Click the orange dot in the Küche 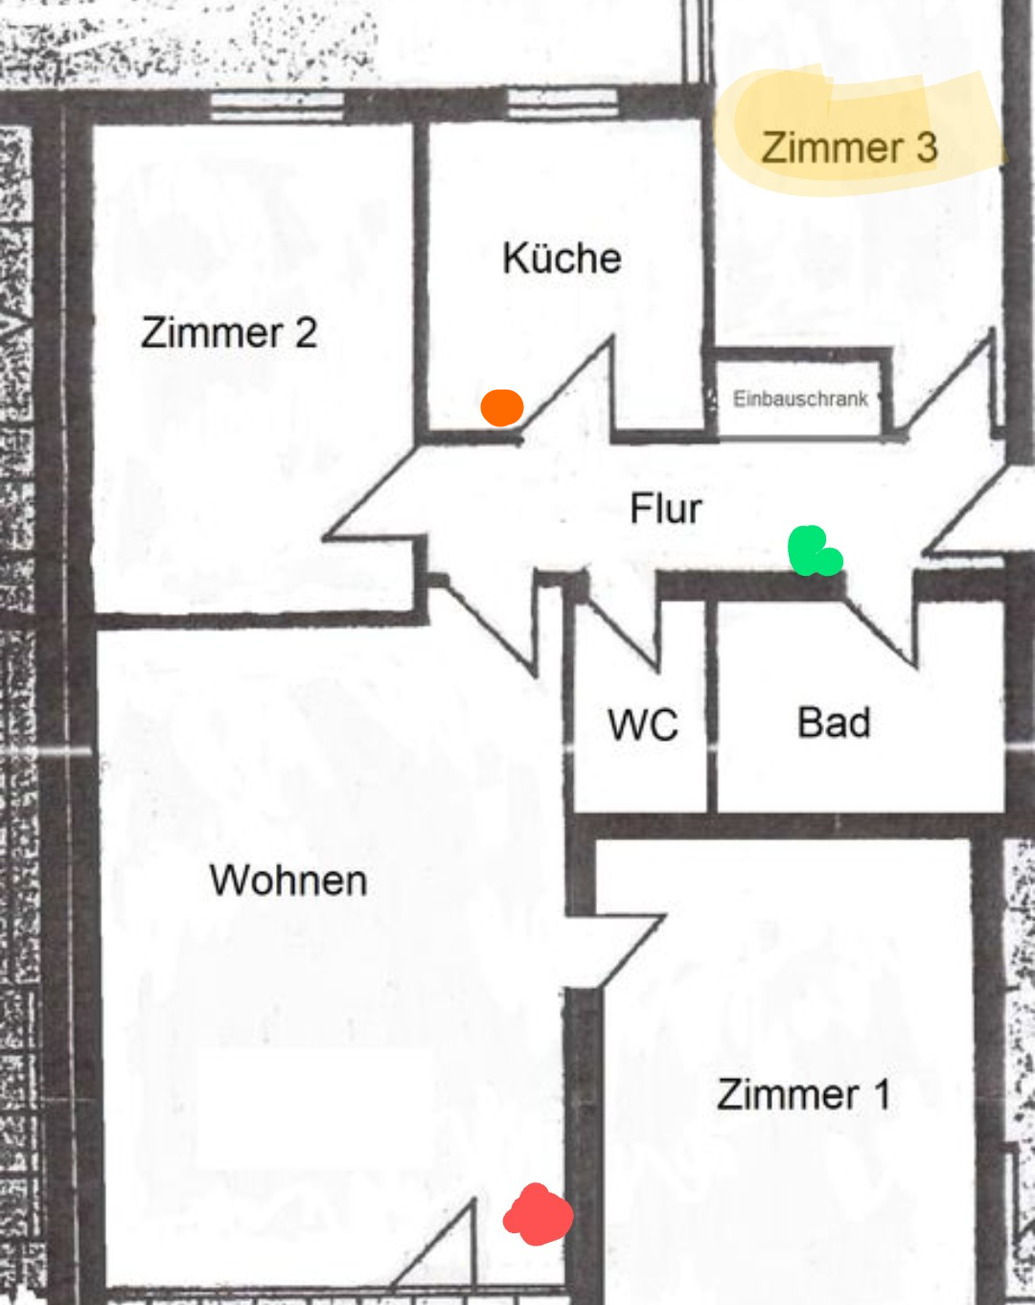coord(501,407)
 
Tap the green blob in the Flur coord(813,552)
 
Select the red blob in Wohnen coord(538,1215)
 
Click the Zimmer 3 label coord(849,148)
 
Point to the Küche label coord(562,258)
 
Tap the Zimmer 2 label coord(229,332)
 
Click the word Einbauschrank coord(800,399)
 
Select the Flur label coord(665,508)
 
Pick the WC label coord(642,725)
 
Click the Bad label coord(834,722)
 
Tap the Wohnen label coord(288,881)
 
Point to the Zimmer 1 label coord(803,1094)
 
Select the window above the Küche coord(563,102)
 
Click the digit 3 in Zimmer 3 coord(926,148)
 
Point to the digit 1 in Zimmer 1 coord(882,1094)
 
